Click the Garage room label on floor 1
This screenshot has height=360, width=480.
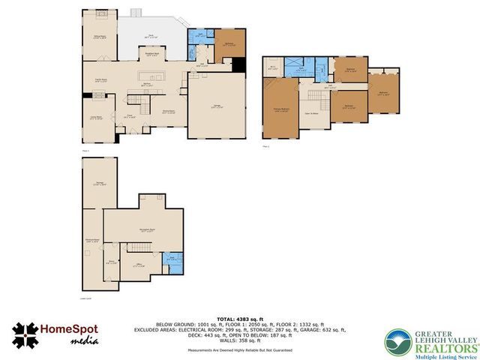pos(216,106)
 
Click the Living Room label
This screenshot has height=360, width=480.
pos(97,118)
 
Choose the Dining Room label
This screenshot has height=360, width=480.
pos(169,112)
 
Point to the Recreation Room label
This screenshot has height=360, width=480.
pos(147,229)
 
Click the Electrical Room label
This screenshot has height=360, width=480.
pos(93,241)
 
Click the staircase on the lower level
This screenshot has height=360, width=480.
pos(138,248)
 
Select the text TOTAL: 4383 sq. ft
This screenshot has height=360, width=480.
pos(239,312)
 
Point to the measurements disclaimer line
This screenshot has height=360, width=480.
pos(239,349)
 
